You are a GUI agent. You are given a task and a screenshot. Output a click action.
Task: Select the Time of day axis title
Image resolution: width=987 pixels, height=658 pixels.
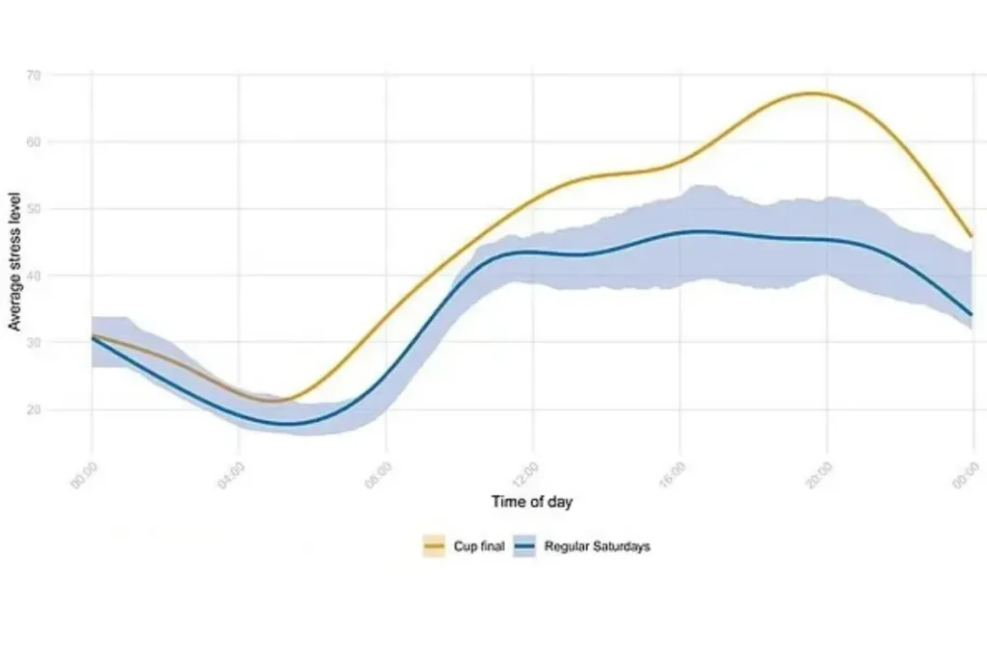coord(532,501)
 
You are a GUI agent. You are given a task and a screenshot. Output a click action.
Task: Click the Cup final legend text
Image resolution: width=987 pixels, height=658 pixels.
coord(479,546)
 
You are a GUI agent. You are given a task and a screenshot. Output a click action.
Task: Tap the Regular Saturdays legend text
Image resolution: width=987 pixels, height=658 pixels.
coord(598,546)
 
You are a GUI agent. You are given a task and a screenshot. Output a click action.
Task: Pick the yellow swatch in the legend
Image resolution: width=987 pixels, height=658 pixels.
coord(434,546)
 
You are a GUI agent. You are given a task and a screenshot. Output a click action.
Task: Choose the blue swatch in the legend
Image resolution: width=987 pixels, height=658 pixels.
coord(524,546)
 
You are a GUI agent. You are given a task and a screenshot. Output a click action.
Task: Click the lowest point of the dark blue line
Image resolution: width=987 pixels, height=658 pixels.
coord(287,424)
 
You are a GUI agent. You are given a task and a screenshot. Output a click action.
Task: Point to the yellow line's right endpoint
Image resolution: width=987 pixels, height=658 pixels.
coord(971,236)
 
